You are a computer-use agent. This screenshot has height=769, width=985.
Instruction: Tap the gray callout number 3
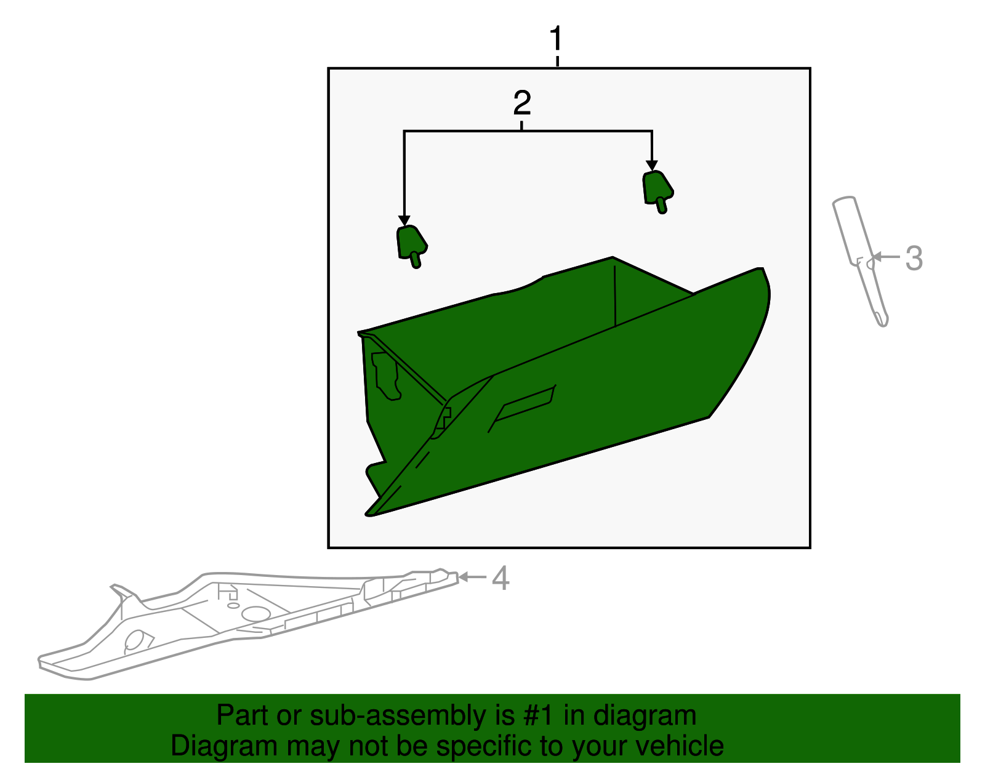(x=914, y=259)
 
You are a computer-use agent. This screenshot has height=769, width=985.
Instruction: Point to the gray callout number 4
(x=501, y=578)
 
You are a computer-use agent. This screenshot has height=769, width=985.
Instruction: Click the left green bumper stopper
(x=412, y=246)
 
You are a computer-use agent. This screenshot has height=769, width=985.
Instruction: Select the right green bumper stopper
(x=657, y=191)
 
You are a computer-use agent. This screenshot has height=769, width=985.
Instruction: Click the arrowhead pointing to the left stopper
(x=404, y=220)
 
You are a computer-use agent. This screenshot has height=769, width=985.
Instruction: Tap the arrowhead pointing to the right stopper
(x=652, y=166)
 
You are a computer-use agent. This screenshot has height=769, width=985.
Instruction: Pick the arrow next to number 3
(x=886, y=257)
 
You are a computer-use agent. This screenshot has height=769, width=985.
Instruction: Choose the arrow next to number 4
(x=472, y=577)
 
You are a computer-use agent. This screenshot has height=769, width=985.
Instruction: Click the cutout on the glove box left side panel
(x=385, y=376)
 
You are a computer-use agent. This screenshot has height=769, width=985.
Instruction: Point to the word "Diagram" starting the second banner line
(x=224, y=746)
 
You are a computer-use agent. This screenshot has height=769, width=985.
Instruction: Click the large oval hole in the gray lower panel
(x=256, y=614)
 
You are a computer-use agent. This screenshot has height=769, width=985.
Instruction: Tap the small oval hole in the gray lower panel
(x=233, y=605)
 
